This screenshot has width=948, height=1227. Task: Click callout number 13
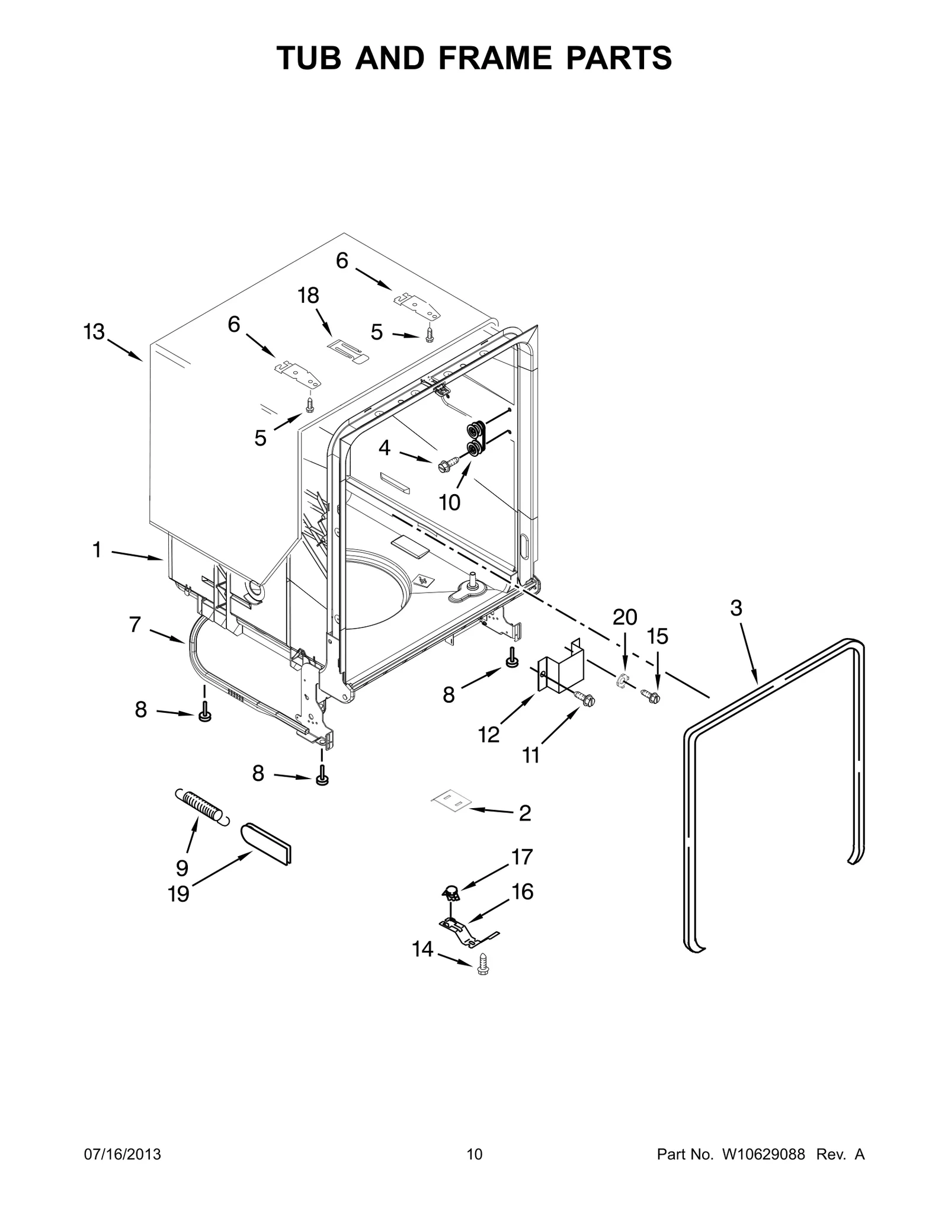94,332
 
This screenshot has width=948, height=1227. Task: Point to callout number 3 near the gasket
736,608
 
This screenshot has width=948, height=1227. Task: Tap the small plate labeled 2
450,800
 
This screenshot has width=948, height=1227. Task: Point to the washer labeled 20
623,681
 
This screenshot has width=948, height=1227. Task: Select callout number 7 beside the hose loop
135,624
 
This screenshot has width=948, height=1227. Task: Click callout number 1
97,550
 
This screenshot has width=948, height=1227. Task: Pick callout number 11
531,755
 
